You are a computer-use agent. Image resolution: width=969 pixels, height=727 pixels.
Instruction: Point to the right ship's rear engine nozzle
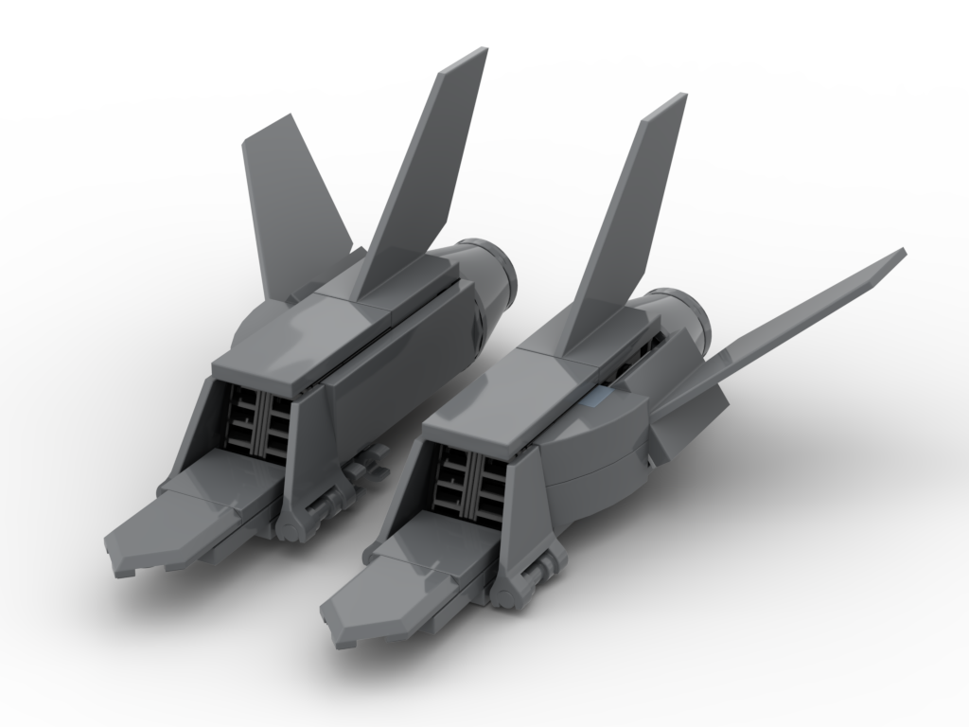696,322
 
